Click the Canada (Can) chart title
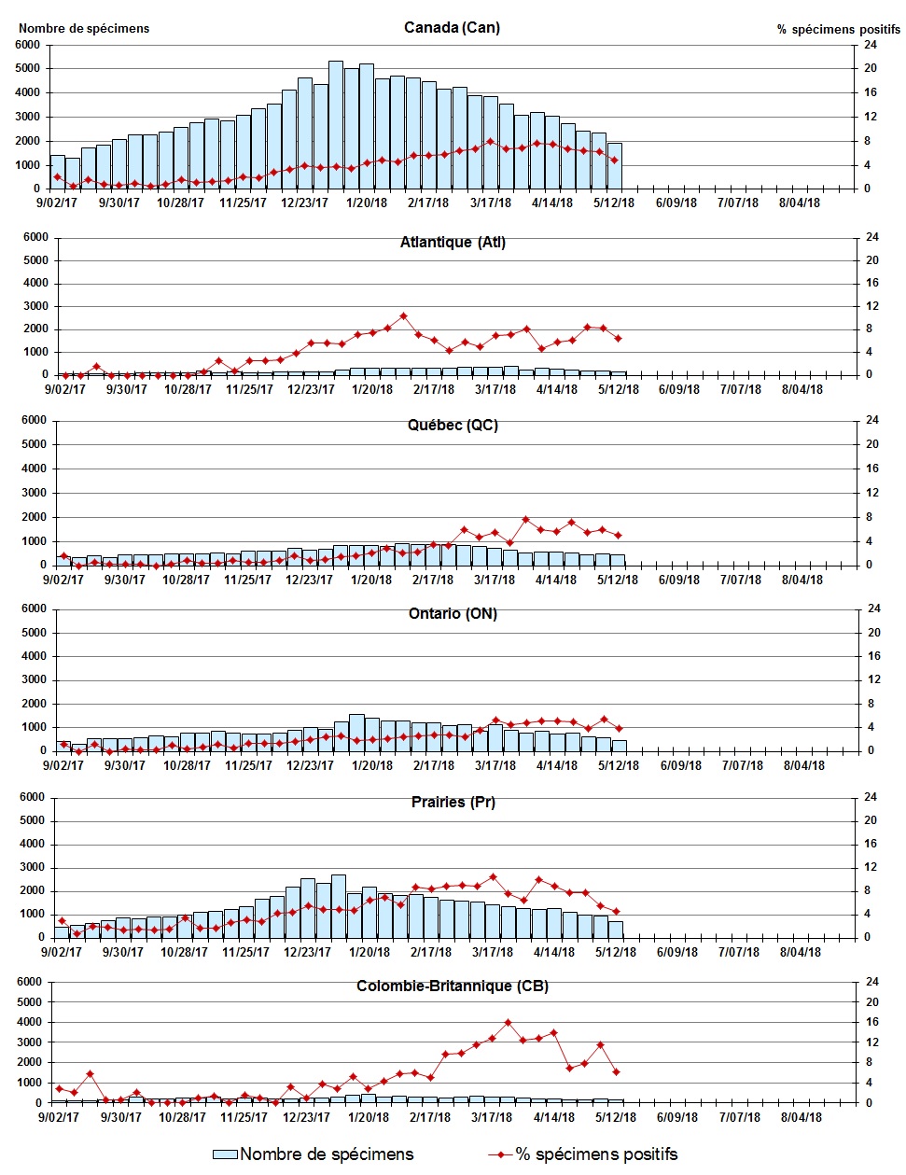pyautogui.click(x=452, y=27)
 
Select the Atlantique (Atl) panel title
pyautogui.click(x=453, y=243)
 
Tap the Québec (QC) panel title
pyautogui.click(x=453, y=426)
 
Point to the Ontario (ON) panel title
pyautogui.click(x=453, y=614)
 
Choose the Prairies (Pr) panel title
pyautogui.click(x=453, y=803)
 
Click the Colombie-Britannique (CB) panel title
pyautogui.click(x=453, y=986)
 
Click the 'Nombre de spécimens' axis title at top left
pyautogui.click(x=84, y=29)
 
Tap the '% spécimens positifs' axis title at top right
pyautogui.click(x=838, y=30)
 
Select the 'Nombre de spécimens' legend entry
pyautogui.click(x=314, y=1154)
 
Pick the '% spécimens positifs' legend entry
pyautogui.click(x=583, y=1154)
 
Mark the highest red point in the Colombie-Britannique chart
pyautogui.click(x=509, y=1023)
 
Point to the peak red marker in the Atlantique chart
pyautogui.click(x=403, y=316)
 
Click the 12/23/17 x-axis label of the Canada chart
pyautogui.click(x=305, y=203)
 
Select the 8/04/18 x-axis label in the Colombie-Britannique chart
pyautogui.click(x=800, y=1117)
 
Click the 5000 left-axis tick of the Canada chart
pyautogui.click(x=28, y=69)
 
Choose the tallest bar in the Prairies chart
pyautogui.click(x=339, y=905)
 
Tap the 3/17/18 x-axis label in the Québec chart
pyautogui.click(x=495, y=580)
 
